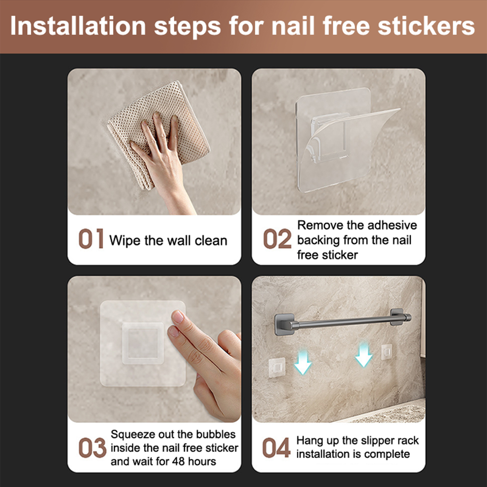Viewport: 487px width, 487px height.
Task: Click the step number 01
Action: pos(91,239)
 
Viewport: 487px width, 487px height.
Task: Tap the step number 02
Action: pos(277,239)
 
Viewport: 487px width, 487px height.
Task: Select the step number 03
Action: pos(92,448)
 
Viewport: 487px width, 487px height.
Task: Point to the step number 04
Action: pos(276,448)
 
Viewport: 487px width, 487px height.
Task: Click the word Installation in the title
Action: pos(78,26)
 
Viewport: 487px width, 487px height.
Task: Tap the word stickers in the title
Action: pos(426,26)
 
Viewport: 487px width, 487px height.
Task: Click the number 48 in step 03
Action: pos(178,461)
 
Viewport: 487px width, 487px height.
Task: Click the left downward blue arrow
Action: pos(303,362)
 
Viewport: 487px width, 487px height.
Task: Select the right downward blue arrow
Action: pos(364,355)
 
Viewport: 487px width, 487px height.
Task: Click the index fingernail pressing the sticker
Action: pos(178,317)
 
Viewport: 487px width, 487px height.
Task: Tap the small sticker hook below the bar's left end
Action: pos(277,367)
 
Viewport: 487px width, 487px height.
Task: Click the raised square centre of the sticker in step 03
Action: pos(143,343)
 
